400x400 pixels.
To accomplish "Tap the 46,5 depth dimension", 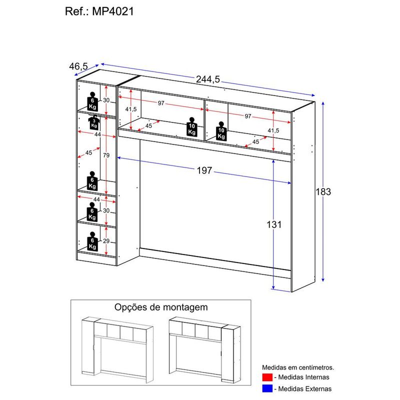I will tap(78, 66).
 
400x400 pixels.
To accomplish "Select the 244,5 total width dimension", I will tap(208, 80).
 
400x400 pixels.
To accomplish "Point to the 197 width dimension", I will tap(204, 170).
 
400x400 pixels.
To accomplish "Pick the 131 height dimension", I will tap(274, 224).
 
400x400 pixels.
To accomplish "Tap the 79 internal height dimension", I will tap(106, 155).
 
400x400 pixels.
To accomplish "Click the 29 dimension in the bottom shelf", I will tap(105, 241).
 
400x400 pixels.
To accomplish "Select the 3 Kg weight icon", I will tap(94, 122).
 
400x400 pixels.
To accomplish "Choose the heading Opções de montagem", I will tap(161, 307).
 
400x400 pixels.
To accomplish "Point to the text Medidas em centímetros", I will tap(298, 366).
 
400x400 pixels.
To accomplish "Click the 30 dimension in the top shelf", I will tap(106, 100).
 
